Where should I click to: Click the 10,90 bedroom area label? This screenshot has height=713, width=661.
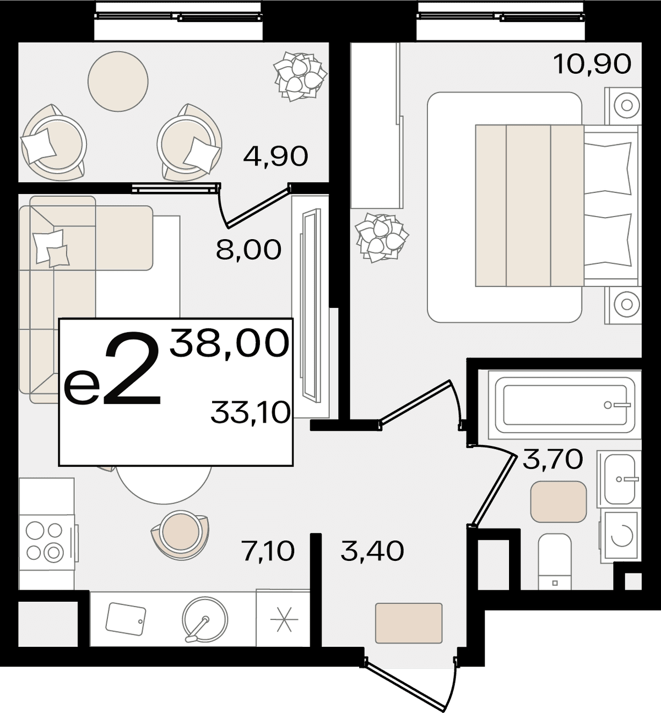(x=592, y=64)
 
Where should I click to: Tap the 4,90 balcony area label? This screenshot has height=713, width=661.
(x=275, y=156)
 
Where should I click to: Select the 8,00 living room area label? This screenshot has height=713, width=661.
(x=248, y=250)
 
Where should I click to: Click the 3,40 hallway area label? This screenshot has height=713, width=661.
(x=372, y=551)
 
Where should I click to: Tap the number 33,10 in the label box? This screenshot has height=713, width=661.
(x=251, y=413)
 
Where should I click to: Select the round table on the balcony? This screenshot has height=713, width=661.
(x=118, y=81)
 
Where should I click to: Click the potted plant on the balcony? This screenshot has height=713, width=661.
(x=300, y=77)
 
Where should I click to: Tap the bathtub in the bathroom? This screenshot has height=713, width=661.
(x=565, y=406)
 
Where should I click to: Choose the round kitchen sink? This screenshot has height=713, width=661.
(x=205, y=618)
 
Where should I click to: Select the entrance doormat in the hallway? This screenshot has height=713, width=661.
(x=409, y=623)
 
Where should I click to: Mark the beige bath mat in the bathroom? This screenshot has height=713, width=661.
(x=559, y=501)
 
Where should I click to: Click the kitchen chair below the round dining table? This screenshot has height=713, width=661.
(x=180, y=533)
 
